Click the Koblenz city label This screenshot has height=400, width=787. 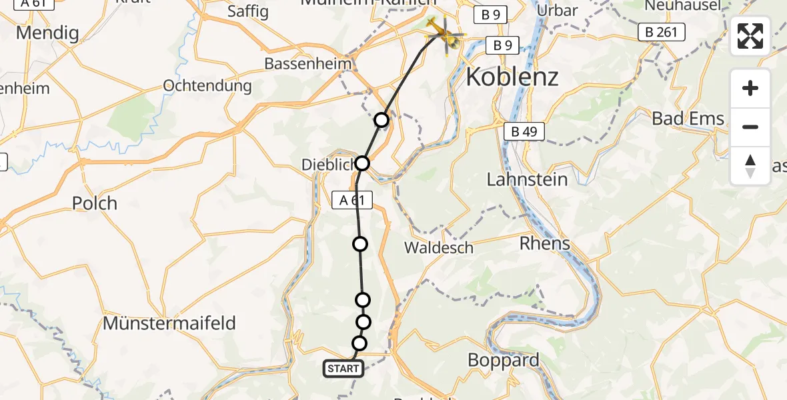click(512, 77)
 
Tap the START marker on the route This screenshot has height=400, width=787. click(343, 369)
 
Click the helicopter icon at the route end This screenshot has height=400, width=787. click(444, 33)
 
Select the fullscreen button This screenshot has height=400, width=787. click(750, 36)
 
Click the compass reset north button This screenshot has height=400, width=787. click(750, 166)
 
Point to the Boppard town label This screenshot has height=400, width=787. click(504, 360)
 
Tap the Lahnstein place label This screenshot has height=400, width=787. click(527, 179)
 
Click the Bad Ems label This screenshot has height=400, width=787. click(688, 119)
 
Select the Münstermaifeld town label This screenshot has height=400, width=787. click(169, 324)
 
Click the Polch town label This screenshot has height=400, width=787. click(94, 203)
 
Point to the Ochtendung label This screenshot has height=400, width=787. click(207, 86)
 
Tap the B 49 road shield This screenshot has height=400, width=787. click(524, 132)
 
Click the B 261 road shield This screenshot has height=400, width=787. click(661, 31)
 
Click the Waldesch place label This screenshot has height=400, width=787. click(439, 248)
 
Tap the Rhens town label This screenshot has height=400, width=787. click(546, 244)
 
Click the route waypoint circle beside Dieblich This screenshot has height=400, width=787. click(362, 163)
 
